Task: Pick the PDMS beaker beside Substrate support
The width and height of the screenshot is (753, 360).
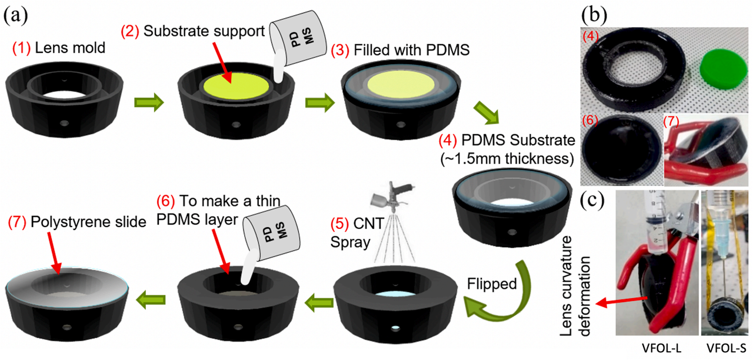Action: (x=294, y=41)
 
